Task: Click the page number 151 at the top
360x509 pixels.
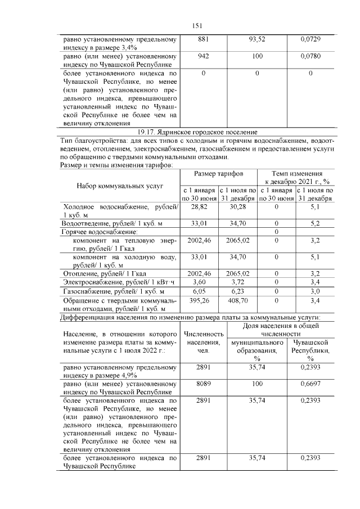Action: (x=197, y=25)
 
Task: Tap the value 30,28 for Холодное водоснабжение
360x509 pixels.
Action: (x=237, y=207)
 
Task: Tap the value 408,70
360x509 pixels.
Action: (x=237, y=301)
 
